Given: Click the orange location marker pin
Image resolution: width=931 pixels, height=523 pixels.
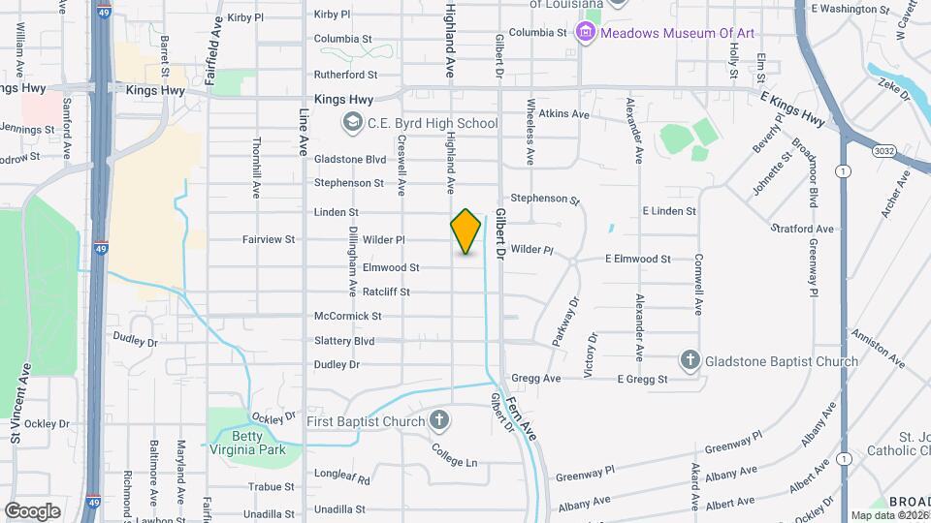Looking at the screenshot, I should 465,231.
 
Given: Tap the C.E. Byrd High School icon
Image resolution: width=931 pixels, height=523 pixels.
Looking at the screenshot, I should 351,123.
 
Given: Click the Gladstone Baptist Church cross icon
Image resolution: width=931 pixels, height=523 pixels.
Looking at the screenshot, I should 690,361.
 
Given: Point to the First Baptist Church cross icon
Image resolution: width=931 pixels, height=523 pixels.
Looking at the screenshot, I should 439,420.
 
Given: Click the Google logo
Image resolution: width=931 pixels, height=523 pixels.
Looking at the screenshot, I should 32,510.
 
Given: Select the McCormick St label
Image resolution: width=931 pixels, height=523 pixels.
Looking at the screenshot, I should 347,317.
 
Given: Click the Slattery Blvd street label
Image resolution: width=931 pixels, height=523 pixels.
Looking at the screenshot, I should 344,341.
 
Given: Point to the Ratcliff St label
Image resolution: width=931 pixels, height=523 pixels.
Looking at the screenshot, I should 387,292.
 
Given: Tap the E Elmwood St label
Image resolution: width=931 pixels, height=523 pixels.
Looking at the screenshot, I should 637,259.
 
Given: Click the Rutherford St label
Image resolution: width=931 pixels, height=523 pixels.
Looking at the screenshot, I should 345,74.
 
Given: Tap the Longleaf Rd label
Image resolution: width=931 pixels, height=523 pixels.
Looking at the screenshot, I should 342,478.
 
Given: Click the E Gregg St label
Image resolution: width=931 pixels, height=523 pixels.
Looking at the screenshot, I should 642,379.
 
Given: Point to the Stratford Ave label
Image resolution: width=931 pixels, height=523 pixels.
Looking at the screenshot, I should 806,230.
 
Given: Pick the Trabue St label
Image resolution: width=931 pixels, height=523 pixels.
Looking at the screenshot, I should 271,487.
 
